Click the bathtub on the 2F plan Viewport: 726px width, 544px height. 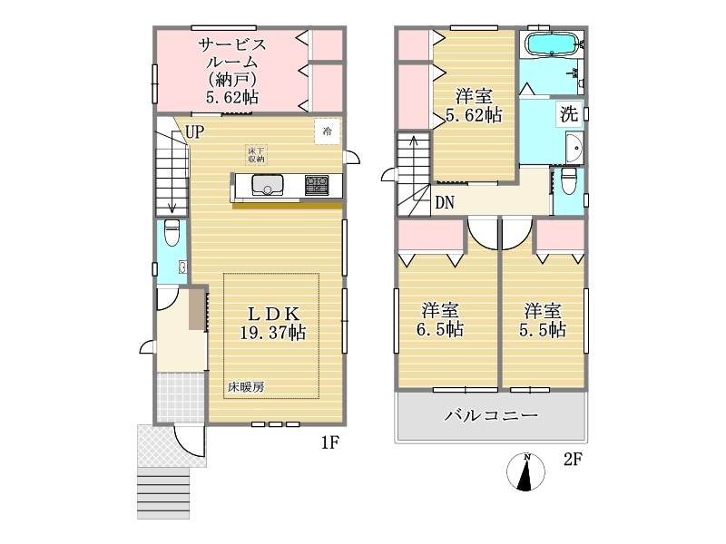551,44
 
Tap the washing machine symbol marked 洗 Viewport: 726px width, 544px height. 570,114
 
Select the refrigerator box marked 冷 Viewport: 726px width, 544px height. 328,131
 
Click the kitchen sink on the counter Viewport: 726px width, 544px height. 268,185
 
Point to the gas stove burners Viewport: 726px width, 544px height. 317,185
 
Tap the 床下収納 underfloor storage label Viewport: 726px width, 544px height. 256,155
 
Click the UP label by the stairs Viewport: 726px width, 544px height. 194,131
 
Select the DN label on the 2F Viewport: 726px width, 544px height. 445,202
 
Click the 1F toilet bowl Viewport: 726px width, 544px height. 172,232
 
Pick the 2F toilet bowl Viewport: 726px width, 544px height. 569,180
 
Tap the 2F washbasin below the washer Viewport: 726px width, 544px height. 575,148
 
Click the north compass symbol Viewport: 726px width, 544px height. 526,471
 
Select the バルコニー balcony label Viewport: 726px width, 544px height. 492,415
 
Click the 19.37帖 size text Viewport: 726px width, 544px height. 273,332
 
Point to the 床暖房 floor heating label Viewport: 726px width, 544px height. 246,387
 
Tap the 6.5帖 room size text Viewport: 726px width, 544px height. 440,329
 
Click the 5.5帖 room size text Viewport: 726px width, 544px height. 543,329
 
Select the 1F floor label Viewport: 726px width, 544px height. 330,443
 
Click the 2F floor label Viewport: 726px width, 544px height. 573,460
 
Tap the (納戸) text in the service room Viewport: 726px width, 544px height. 232,80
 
